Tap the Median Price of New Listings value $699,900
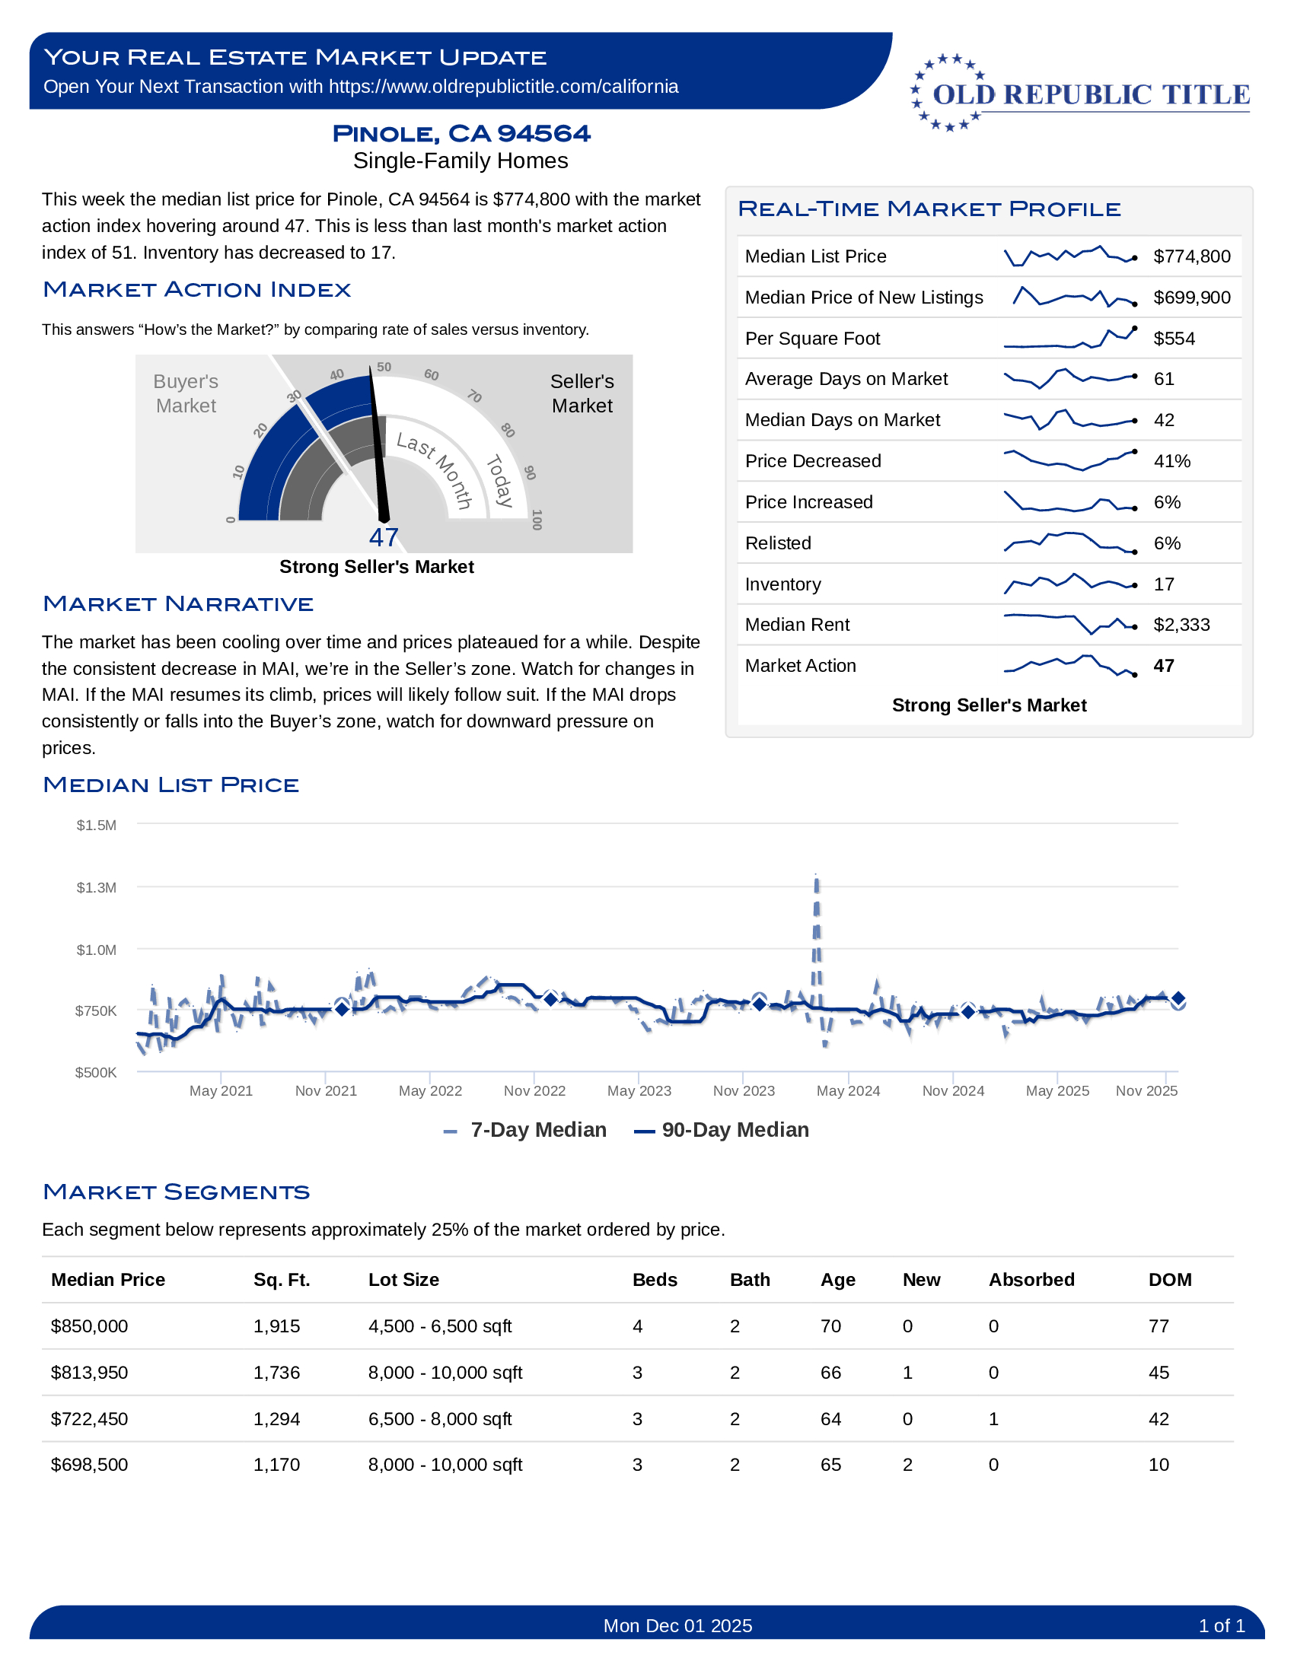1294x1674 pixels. tap(1191, 298)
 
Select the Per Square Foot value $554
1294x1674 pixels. tap(1174, 339)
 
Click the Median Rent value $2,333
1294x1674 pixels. tap(1181, 625)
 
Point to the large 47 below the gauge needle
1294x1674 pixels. tap(384, 537)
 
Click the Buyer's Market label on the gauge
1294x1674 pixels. tap(186, 393)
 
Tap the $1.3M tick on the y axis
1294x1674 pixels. tap(97, 887)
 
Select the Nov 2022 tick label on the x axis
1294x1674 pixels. tap(534, 1090)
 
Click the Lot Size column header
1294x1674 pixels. tap(403, 1279)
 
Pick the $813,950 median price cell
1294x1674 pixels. tap(89, 1372)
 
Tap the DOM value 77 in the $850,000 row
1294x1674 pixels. tap(1159, 1326)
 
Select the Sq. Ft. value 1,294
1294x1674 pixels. tap(277, 1419)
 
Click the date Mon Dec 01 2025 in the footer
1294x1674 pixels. tap(677, 1626)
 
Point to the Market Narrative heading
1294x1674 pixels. tap(178, 604)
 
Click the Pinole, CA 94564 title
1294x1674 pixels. tap(461, 133)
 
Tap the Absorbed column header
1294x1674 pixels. tap(1031, 1279)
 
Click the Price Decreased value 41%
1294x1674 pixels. tap(1171, 461)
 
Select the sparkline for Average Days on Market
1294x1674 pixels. tap(1070, 379)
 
